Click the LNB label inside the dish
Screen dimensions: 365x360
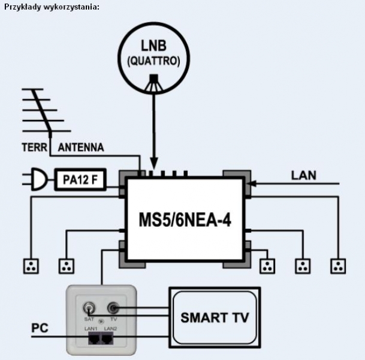point(153,46)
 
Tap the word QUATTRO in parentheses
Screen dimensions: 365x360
point(153,61)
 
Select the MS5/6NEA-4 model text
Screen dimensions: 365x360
point(185,220)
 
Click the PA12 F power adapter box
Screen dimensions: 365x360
point(80,179)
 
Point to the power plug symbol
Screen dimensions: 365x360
point(37,179)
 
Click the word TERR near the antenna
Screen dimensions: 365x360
point(35,147)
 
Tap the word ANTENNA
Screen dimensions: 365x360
point(81,147)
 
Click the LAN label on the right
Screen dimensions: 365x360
point(304,175)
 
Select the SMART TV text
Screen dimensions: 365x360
point(215,317)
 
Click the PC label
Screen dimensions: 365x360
point(40,328)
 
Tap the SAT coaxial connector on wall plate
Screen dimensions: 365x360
point(89,308)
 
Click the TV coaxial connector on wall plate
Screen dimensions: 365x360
point(113,308)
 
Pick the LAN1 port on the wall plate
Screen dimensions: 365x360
point(94,338)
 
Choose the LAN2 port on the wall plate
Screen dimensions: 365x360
point(107,338)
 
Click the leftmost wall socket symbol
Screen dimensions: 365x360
point(31,266)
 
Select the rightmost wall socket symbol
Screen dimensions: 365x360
point(338,266)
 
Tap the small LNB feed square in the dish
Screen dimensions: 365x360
point(154,77)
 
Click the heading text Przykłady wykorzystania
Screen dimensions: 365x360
point(52,7)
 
